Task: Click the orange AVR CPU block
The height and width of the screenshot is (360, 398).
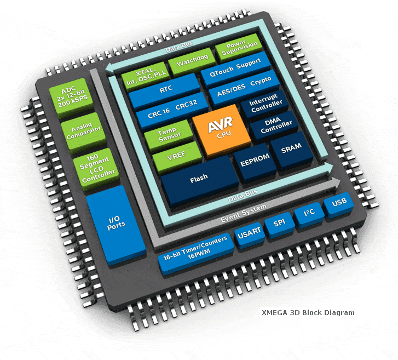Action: pos(221,130)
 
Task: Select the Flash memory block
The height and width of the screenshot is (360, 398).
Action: pos(200,180)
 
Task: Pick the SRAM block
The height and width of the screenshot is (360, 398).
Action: pos(291,150)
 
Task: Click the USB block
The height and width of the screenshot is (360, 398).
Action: pos(339,204)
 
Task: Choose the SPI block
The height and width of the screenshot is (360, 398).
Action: pos(279,225)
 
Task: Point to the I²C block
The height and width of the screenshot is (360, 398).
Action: pos(309,214)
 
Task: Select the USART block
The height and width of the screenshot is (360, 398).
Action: pos(250,235)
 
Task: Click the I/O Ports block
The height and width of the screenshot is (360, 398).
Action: pos(116,225)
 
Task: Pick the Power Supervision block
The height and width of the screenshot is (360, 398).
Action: pos(239,48)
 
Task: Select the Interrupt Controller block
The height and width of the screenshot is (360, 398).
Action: pos(265,104)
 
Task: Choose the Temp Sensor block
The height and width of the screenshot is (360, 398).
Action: pos(169,135)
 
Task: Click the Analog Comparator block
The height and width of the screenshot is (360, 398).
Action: pos(83,133)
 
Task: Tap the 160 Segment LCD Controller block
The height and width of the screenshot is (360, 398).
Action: pos(96,169)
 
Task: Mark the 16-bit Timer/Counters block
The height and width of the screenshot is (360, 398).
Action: pos(195,253)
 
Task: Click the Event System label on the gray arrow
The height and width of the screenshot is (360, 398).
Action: pos(244,214)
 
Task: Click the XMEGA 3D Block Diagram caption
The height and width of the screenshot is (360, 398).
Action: pos(308,312)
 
